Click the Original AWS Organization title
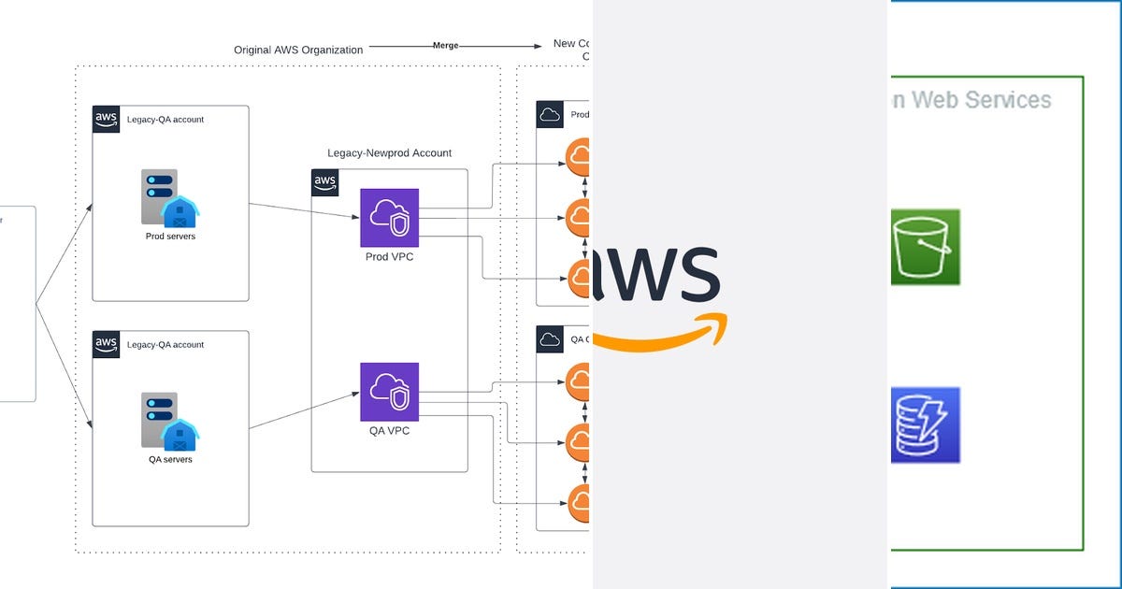click(x=298, y=50)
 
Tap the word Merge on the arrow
click(x=446, y=45)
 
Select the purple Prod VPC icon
click(x=389, y=217)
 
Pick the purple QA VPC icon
click(x=389, y=392)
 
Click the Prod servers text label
click(x=170, y=237)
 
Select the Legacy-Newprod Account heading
click(x=389, y=153)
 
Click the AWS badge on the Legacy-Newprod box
click(x=324, y=182)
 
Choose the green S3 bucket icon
click(x=925, y=247)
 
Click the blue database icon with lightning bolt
click(x=925, y=424)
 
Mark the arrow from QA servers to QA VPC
click(x=305, y=411)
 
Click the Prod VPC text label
click(x=389, y=257)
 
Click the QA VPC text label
click(x=389, y=431)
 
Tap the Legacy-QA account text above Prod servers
click(x=165, y=120)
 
